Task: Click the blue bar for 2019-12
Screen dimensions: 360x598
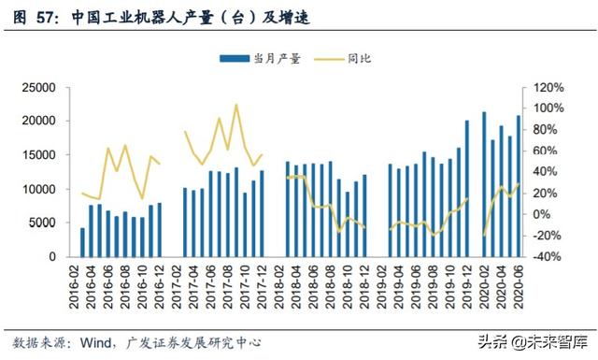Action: [x=467, y=188]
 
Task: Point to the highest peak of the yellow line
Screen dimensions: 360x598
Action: [x=236, y=105]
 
